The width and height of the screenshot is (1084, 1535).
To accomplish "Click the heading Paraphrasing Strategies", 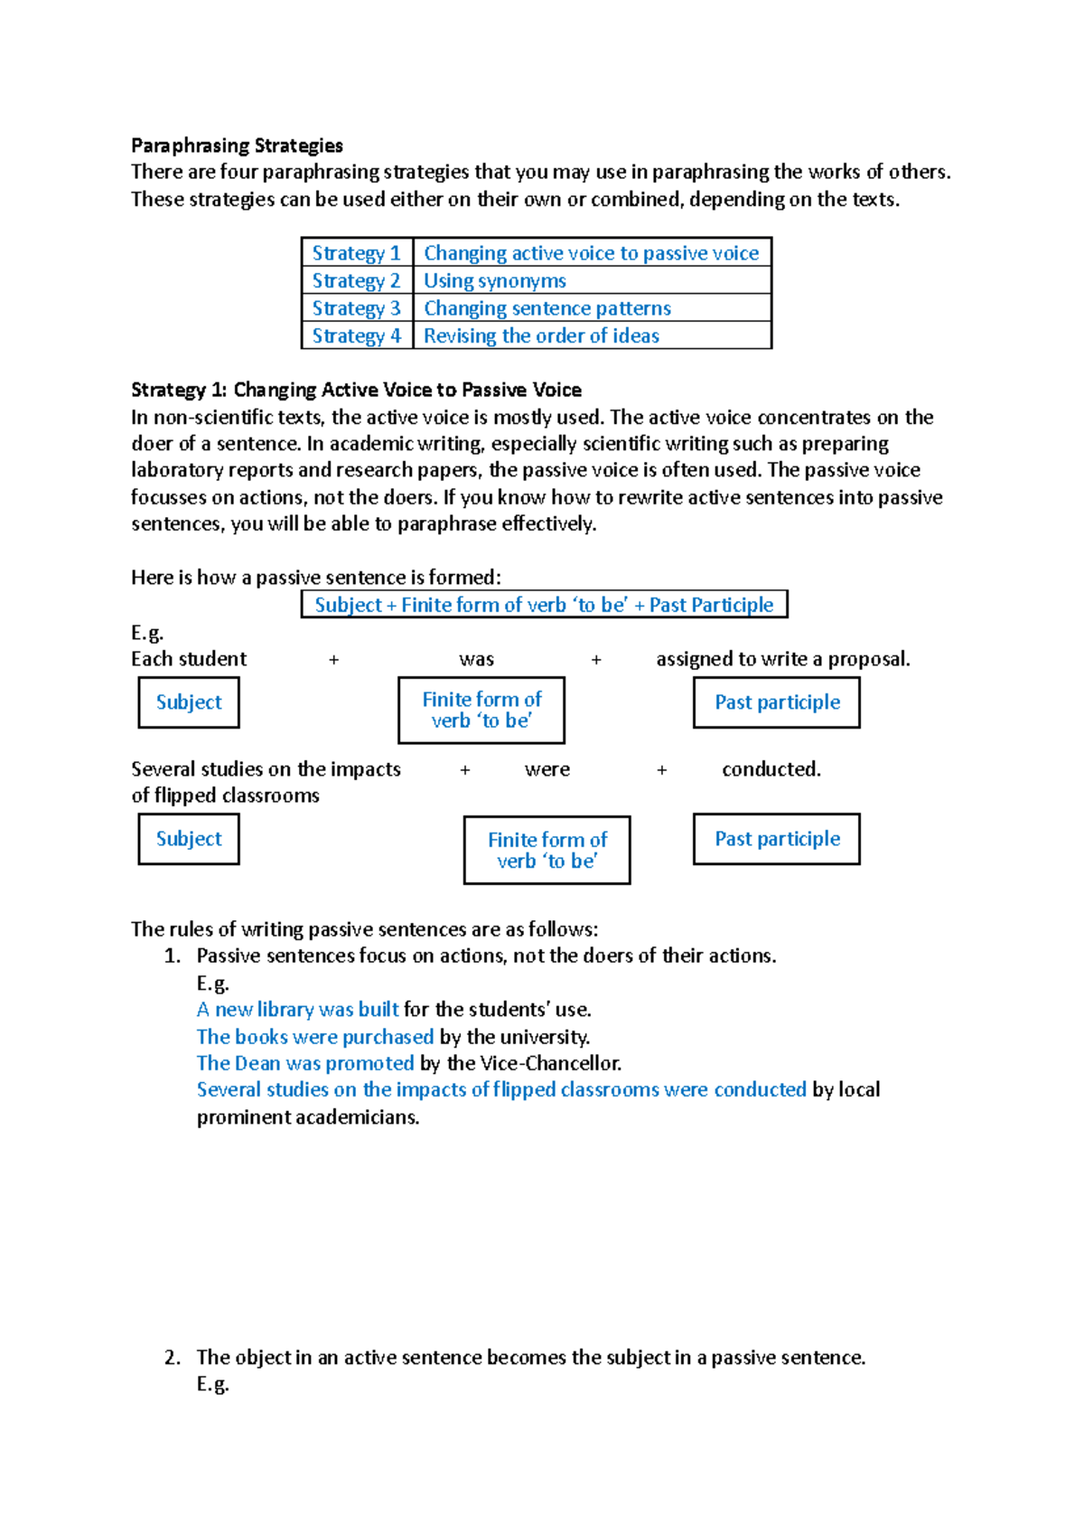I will coord(237,146).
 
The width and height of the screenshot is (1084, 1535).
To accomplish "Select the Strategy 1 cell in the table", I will coord(356,253).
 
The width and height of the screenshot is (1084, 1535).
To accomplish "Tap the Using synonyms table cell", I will coord(495,281).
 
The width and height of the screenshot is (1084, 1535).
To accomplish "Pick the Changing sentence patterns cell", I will coord(547,308).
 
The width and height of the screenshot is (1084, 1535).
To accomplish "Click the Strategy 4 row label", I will coord(356,336).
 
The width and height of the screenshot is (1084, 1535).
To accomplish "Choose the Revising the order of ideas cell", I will coord(541,336).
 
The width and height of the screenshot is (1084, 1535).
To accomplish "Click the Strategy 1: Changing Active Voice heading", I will coord(356,390).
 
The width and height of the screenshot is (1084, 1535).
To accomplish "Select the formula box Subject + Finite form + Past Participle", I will coord(544,605).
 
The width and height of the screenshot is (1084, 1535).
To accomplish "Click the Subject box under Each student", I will coord(189,702).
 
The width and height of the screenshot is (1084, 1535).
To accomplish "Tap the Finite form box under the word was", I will coord(481,710).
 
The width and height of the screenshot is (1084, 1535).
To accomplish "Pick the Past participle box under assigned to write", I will coord(777,702).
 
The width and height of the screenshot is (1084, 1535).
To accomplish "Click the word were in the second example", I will coord(547,769).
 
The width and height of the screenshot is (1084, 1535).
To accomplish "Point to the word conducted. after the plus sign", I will coord(771,769).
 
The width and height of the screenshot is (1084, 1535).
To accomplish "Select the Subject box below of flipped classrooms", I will coord(189,839).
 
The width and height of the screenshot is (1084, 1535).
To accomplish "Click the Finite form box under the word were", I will coord(547,850).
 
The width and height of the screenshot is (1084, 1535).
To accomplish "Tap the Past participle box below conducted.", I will coord(777,839).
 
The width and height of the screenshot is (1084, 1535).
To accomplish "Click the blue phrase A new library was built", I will coord(298,1010).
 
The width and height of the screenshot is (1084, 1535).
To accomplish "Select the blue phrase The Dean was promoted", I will coord(305,1063).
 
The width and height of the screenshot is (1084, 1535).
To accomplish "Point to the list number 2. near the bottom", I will coord(173,1357).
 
